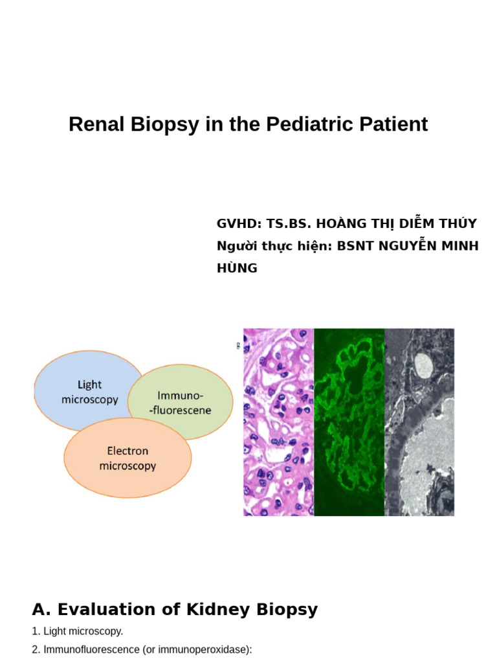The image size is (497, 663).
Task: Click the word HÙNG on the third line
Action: pyautogui.click(x=237, y=268)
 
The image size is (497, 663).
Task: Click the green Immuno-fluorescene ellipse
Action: pyautogui.click(x=181, y=401)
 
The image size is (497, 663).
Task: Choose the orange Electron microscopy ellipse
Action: pyautogui.click(x=127, y=458)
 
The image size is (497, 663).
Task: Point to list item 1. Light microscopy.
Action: pyautogui.click(x=77, y=631)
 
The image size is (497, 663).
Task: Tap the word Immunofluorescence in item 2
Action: pyautogui.click(x=90, y=649)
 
